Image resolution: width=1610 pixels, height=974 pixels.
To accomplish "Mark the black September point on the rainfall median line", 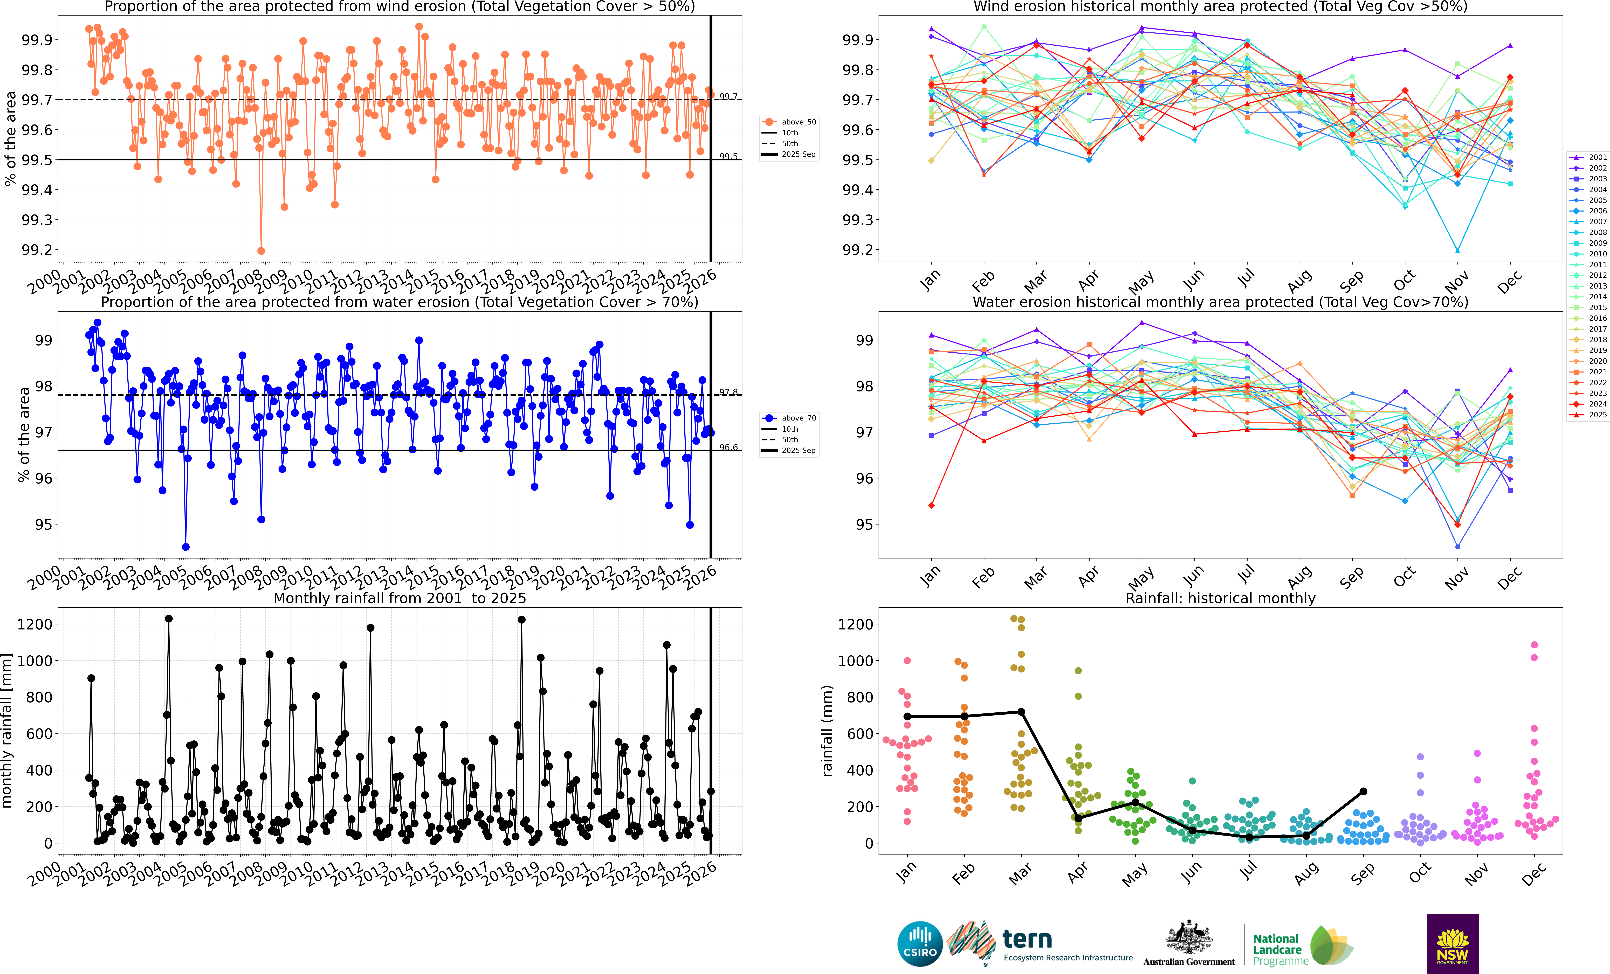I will [1363, 791].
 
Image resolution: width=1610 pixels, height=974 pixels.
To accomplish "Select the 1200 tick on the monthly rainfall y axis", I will [34, 625].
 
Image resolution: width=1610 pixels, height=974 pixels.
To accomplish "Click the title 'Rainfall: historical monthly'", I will [1220, 598].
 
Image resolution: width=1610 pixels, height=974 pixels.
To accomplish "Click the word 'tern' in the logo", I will [1027, 939].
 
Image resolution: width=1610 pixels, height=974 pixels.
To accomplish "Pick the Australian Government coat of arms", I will [1189, 938].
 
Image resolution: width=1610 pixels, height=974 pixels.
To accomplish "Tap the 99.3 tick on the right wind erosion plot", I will [857, 220].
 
